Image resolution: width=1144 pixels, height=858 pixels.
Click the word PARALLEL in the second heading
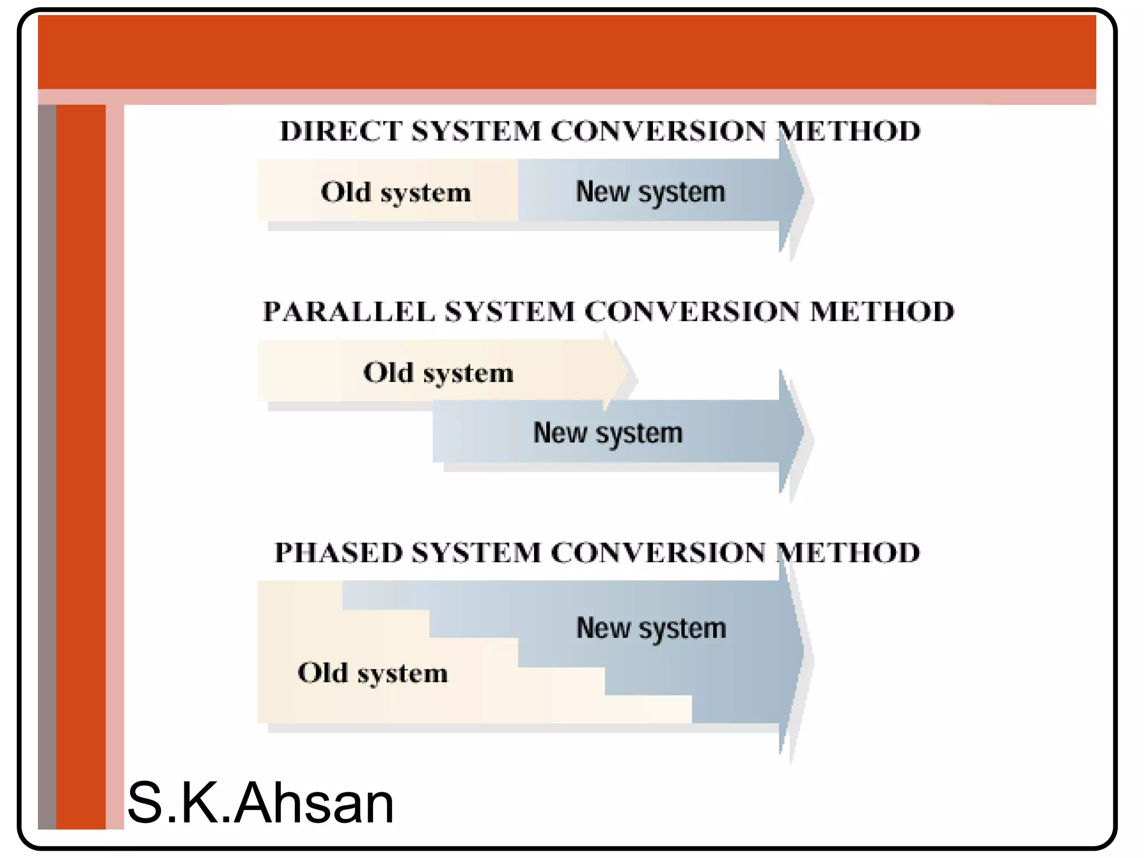tap(349, 312)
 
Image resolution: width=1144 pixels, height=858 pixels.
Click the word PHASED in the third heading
tap(338, 553)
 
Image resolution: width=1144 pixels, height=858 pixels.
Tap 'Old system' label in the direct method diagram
tap(395, 193)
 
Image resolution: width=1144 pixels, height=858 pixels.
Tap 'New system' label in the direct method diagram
tap(650, 193)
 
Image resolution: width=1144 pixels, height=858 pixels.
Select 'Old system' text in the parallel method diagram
tap(438, 373)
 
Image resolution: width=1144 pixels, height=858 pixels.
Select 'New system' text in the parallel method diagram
tap(608, 433)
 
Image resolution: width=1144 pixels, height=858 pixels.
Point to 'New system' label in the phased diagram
tap(651, 629)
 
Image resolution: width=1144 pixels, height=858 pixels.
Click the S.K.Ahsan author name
tap(260, 803)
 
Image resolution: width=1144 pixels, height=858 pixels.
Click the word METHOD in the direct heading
tap(849, 132)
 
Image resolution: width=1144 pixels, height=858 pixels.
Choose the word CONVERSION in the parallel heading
tap(692, 312)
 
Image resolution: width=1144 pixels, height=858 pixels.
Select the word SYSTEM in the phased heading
tap(476, 553)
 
